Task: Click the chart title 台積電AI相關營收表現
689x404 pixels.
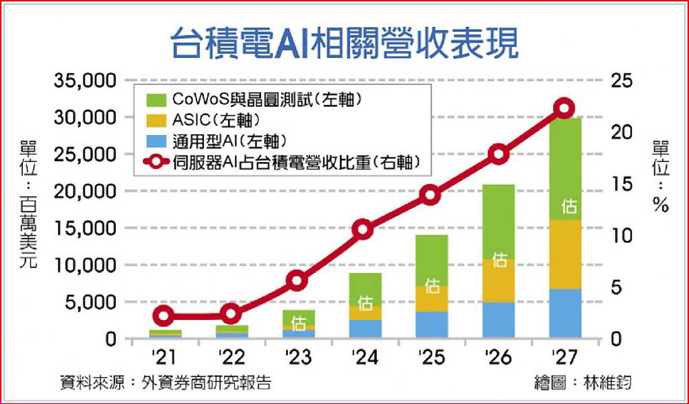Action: [x=344, y=43]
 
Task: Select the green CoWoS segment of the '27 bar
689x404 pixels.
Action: [x=565, y=169]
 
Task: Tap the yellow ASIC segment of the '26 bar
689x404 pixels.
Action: [x=499, y=280]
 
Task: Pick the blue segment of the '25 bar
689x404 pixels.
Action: [x=432, y=325]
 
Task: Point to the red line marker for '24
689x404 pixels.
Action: [x=363, y=230]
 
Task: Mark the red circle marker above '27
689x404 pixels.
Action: [x=565, y=108]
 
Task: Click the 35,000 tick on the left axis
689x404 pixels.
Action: [x=85, y=81]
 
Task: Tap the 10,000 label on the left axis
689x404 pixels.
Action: [x=85, y=266]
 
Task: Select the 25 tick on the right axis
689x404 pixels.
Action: [x=620, y=81]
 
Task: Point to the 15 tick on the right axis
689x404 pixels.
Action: [x=620, y=184]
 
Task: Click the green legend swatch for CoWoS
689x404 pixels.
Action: [x=156, y=100]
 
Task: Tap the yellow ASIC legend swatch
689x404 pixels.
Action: [x=156, y=120]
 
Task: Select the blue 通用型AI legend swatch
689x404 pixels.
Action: [x=156, y=141]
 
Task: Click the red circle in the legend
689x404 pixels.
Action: [x=156, y=161]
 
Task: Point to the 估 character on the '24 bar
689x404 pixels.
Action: [x=365, y=303]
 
